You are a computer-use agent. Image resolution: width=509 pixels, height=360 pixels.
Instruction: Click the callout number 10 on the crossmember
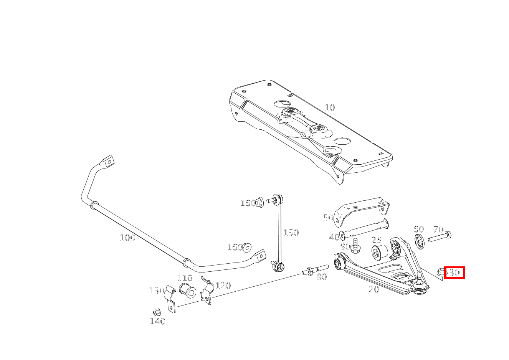pyautogui.click(x=330, y=107)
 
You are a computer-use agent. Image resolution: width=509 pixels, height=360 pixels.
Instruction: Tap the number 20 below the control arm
pyautogui.click(x=374, y=289)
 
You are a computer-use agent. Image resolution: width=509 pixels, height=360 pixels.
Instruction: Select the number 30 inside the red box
pyautogui.click(x=454, y=273)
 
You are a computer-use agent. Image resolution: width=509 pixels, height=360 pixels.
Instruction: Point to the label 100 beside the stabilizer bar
pyautogui.click(x=127, y=238)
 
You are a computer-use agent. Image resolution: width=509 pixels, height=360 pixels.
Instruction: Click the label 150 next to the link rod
pyautogui.click(x=291, y=233)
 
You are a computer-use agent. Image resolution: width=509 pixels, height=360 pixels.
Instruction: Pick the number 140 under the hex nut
pyautogui.click(x=157, y=321)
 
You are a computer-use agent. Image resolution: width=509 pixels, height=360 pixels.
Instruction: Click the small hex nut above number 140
pyautogui.click(x=156, y=311)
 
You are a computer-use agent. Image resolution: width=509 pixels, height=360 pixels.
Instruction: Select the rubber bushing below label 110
pyautogui.click(x=187, y=290)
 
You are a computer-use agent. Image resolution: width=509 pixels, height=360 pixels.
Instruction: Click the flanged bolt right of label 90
pyautogui.click(x=355, y=245)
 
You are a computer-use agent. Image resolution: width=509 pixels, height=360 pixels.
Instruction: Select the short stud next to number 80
pyautogui.click(x=316, y=271)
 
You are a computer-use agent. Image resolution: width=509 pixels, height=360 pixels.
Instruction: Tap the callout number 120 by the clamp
pyautogui.click(x=223, y=285)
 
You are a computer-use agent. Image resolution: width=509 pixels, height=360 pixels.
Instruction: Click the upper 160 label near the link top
pyautogui.click(x=248, y=203)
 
